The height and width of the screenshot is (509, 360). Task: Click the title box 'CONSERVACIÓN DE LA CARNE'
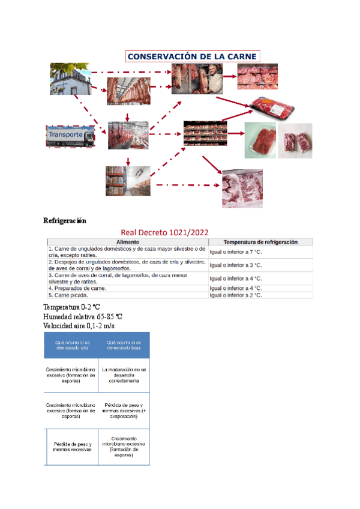click(x=192, y=56)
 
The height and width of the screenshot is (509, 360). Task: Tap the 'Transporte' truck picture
click(x=70, y=136)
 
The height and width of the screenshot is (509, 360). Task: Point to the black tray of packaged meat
click(x=273, y=108)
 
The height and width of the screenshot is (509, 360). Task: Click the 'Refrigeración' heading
click(x=65, y=220)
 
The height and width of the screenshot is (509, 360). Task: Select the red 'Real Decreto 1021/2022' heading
click(x=164, y=232)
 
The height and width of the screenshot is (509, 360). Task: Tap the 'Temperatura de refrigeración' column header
click(x=260, y=242)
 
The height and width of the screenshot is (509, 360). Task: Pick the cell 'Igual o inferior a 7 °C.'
click(x=236, y=252)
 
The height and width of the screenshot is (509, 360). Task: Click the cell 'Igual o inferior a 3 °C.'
click(x=236, y=265)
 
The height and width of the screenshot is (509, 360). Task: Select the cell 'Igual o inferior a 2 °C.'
click(x=236, y=295)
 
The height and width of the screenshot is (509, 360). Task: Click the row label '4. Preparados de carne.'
click(x=79, y=288)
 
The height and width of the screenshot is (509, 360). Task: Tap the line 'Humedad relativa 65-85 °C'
click(x=83, y=316)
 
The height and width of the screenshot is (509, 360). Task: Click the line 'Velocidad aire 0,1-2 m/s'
click(x=79, y=325)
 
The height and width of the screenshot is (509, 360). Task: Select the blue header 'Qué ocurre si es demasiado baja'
click(x=124, y=345)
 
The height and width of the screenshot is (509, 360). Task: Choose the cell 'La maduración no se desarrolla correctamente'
click(x=124, y=375)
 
